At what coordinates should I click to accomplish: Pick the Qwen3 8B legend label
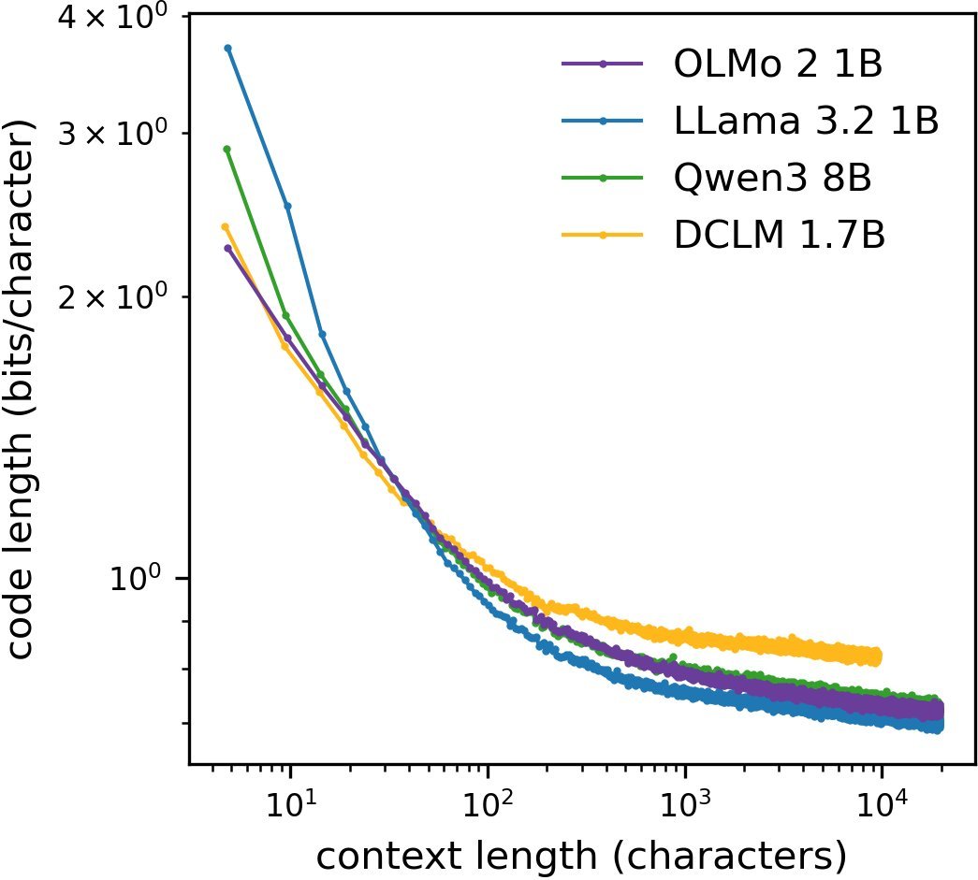click(773, 178)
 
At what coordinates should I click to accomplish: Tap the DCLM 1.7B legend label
click(780, 235)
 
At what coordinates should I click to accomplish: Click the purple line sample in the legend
click(604, 65)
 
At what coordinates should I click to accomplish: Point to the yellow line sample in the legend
click(604, 235)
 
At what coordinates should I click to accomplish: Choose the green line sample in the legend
click(604, 178)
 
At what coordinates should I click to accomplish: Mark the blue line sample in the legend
click(604, 121)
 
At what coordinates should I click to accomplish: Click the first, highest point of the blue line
click(227, 48)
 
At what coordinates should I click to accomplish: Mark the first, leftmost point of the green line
click(226, 149)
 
